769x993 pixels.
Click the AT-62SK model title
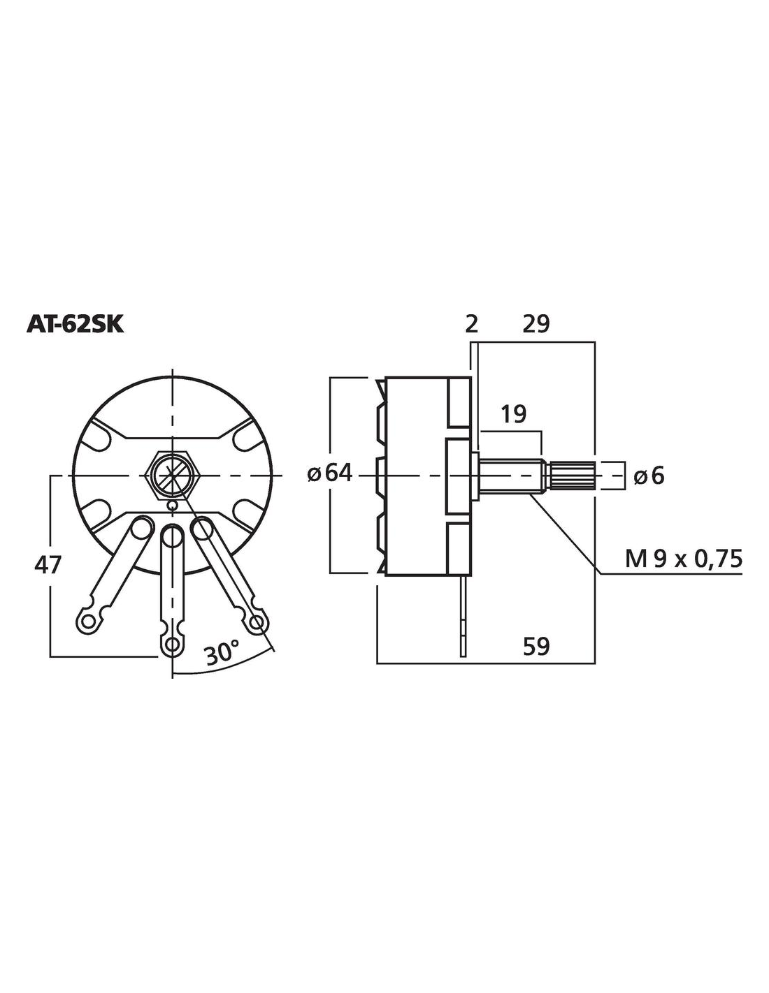75,325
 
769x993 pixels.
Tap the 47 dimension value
48,566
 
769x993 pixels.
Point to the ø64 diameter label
330,474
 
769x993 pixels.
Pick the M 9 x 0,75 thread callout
683,559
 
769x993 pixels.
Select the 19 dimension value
513,415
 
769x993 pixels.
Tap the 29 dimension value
536,325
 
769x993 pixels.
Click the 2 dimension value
471,325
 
